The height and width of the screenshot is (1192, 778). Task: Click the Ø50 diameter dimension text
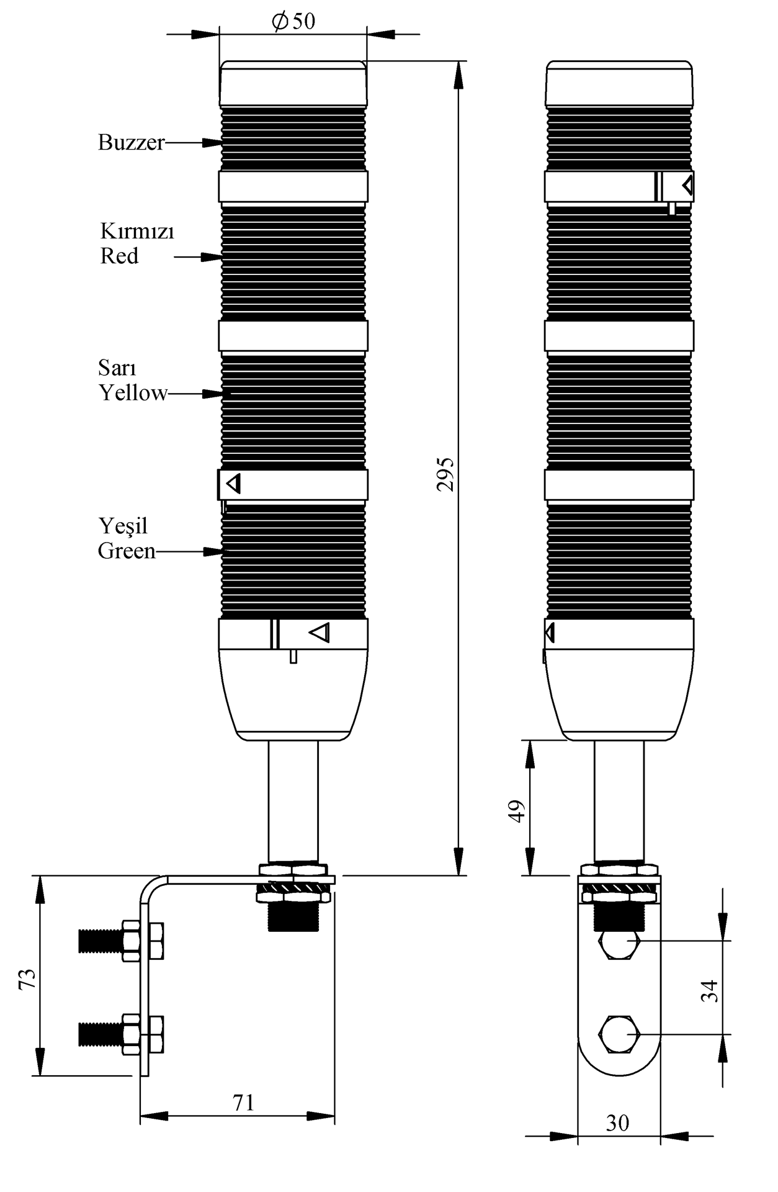[x=293, y=21]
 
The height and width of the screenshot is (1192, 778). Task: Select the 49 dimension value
[x=517, y=811]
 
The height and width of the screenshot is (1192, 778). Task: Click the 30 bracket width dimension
[x=617, y=1122]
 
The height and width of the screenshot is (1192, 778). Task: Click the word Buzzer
[x=132, y=142]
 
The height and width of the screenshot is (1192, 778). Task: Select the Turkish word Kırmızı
[x=137, y=232]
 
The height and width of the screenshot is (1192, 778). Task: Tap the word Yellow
[x=133, y=392]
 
